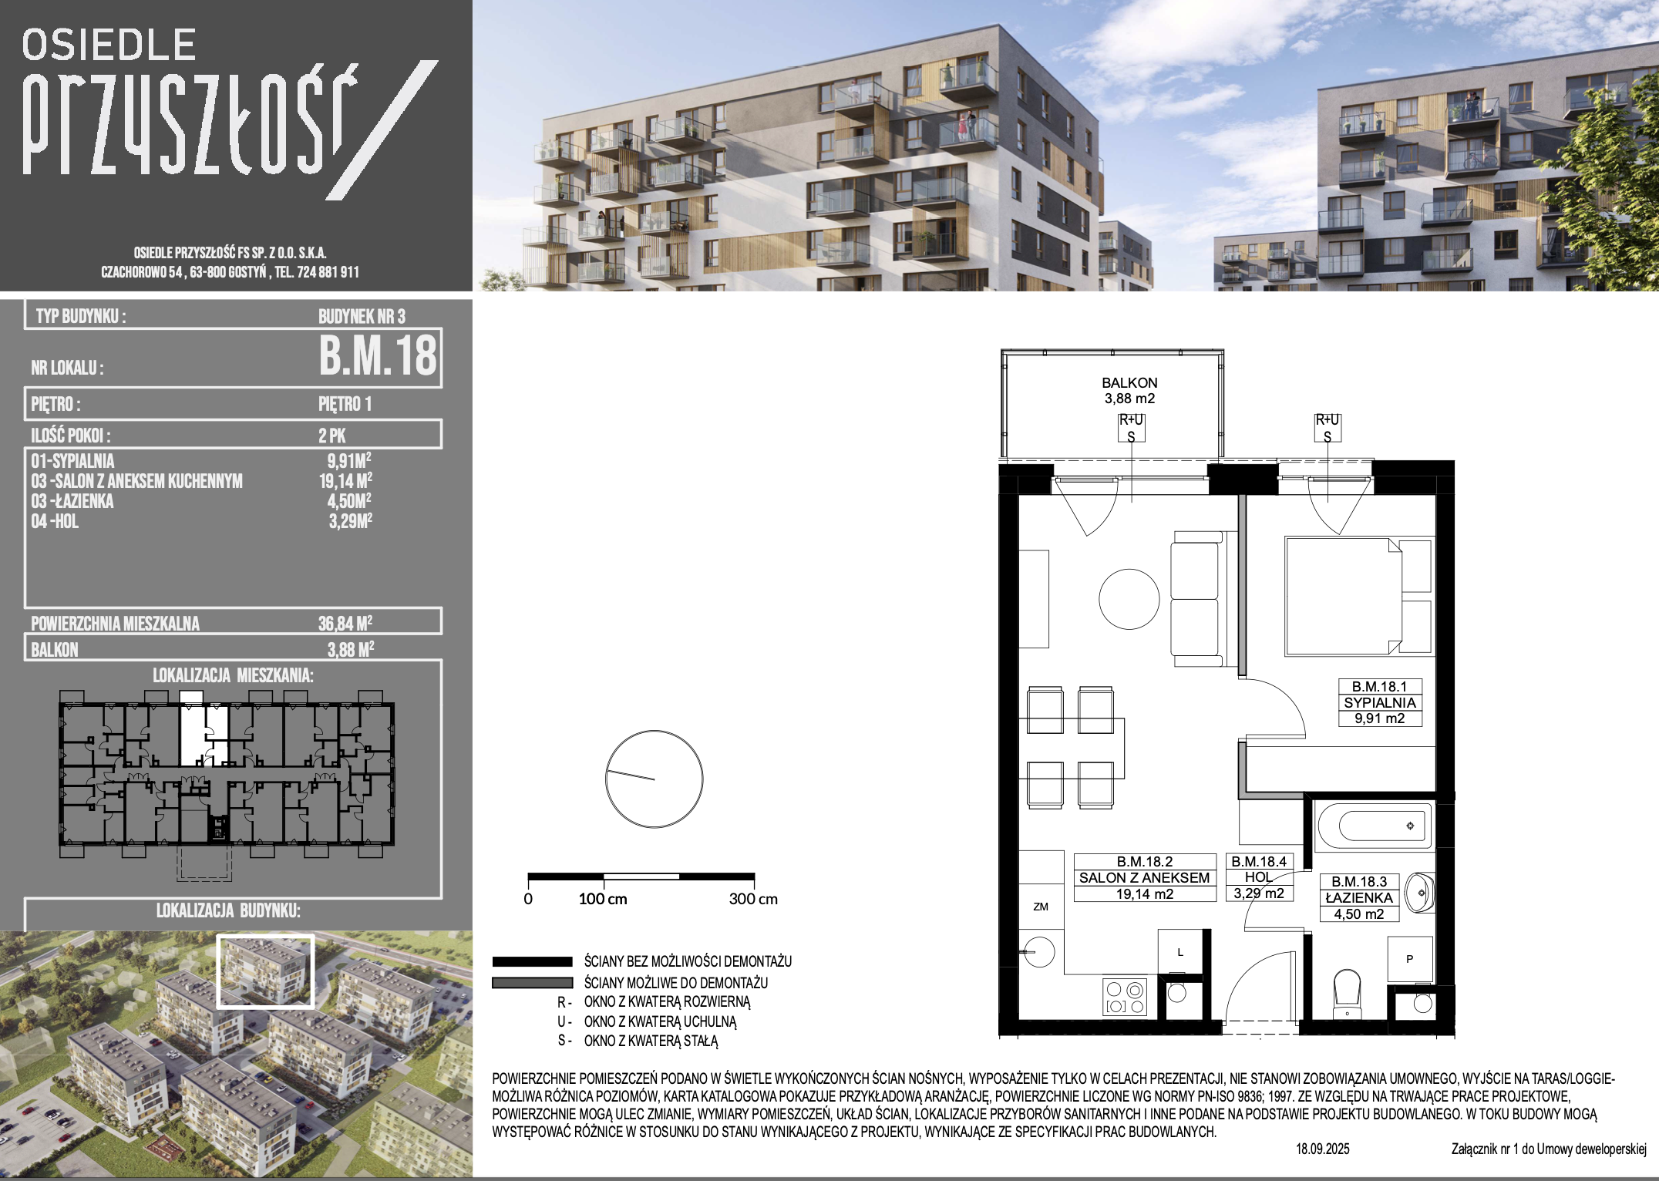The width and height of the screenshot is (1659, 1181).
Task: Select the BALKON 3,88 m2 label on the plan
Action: click(1129, 391)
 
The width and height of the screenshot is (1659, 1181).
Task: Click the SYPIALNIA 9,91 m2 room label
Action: click(1379, 703)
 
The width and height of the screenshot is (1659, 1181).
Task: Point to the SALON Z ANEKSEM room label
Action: click(1144, 878)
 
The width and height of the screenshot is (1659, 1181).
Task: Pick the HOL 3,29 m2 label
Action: click(1258, 878)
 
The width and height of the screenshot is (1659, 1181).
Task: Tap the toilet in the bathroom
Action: click(1348, 994)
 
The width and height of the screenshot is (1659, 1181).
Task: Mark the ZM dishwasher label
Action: click(1040, 907)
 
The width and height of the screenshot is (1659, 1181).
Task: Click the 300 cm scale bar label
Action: click(753, 899)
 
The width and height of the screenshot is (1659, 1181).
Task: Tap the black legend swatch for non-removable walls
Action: click(532, 962)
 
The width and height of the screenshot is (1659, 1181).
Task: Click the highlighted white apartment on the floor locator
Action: click(193, 728)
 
